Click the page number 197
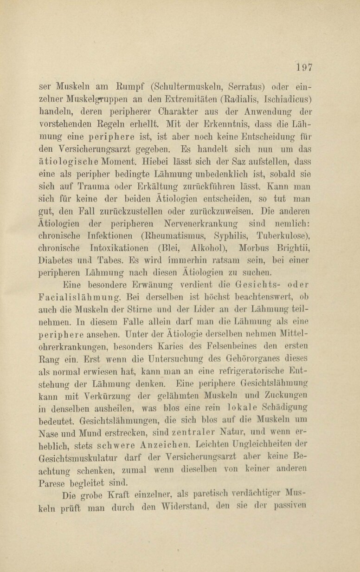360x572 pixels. click(304, 66)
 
